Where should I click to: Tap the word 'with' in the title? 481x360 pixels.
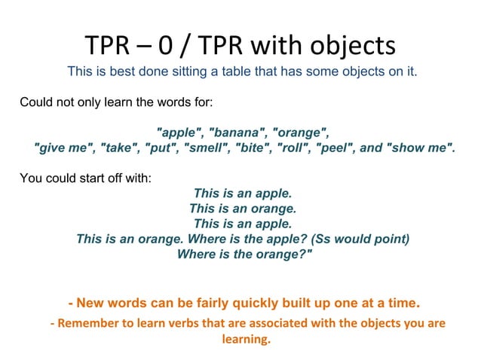(287, 46)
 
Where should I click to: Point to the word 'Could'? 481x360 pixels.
(35, 100)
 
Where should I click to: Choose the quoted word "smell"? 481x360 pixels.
(204, 147)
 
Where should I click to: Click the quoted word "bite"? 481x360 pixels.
(253, 147)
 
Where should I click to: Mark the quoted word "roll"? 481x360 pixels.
(294, 147)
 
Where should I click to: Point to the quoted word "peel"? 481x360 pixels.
(335, 147)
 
